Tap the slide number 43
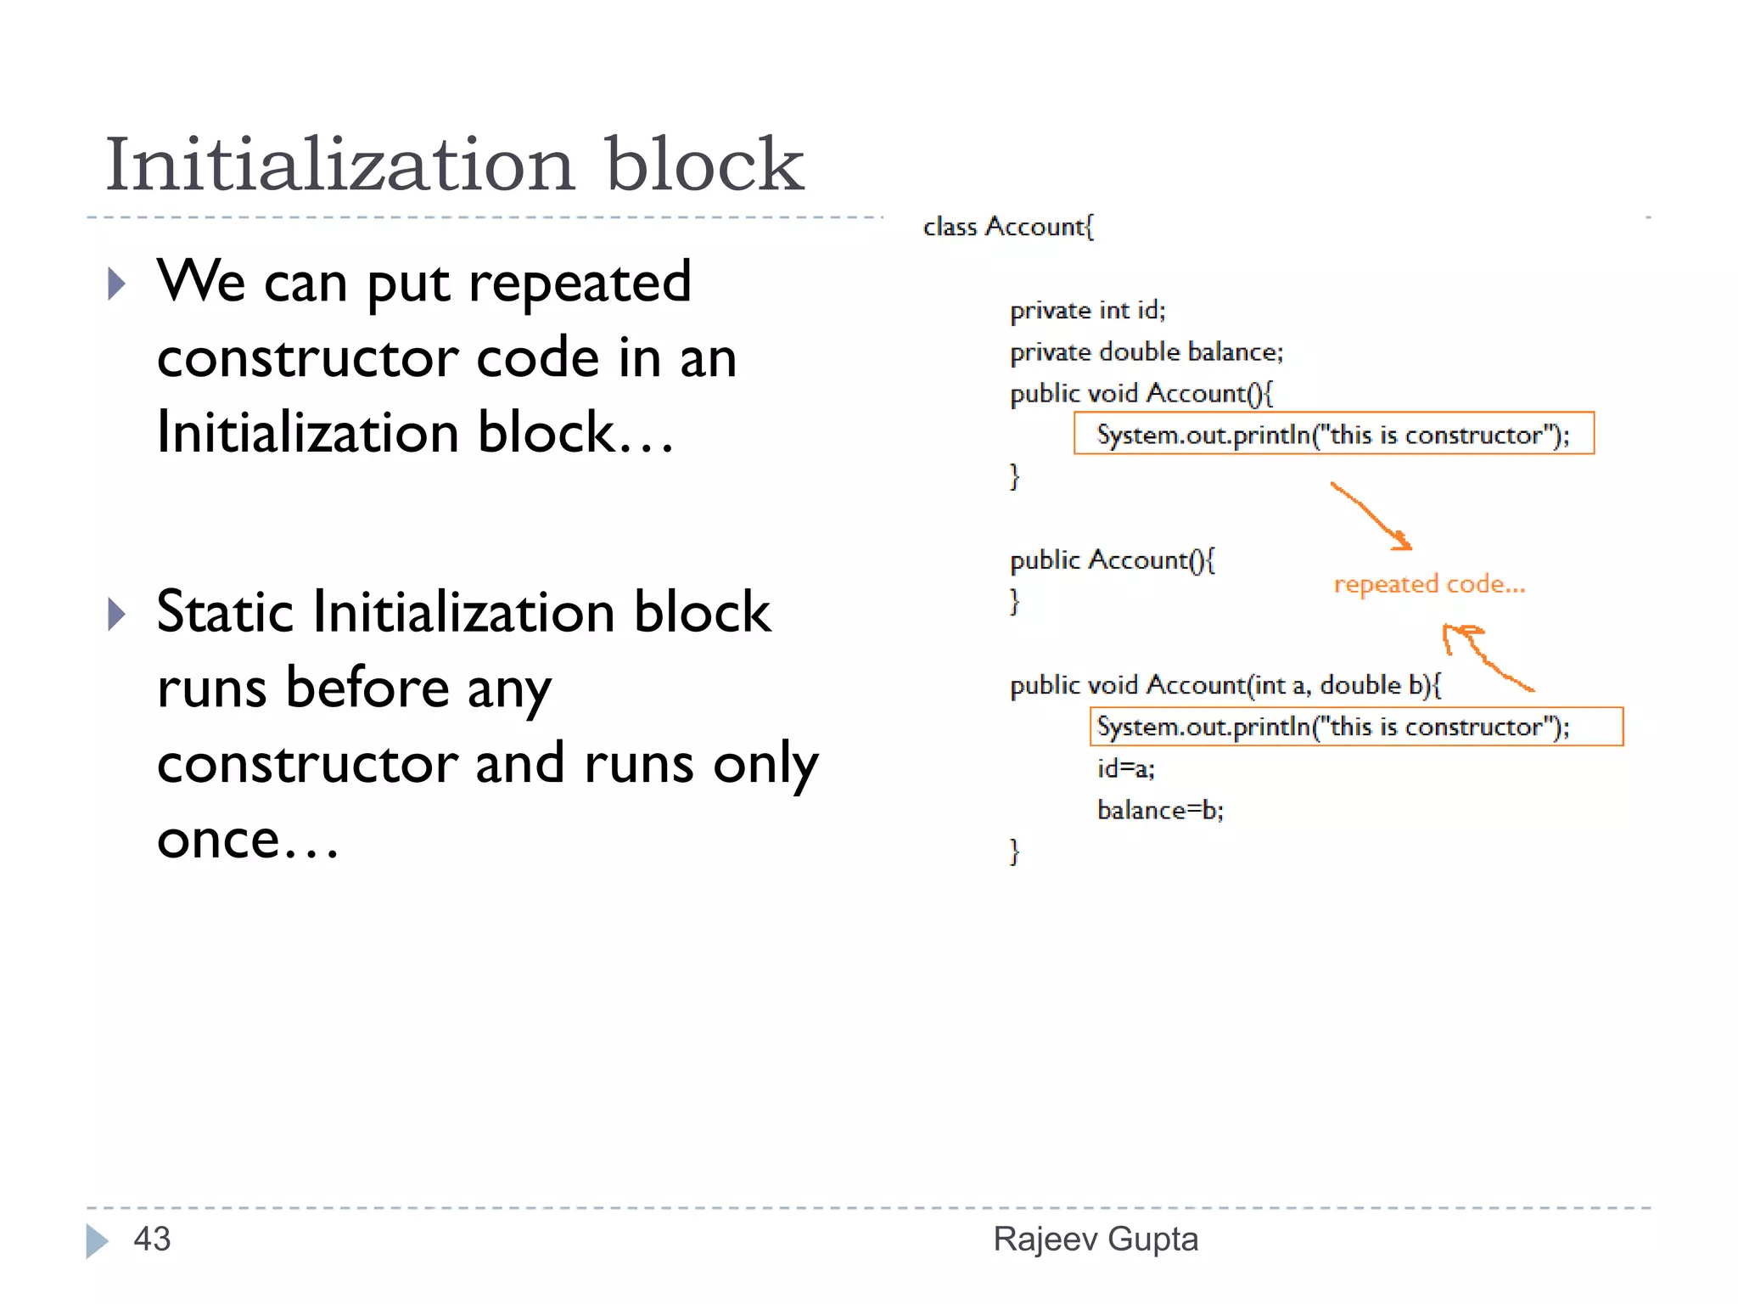[152, 1239]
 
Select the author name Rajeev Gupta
[1096, 1239]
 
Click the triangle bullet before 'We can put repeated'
[117, 284]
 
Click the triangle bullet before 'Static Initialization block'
[117, 613]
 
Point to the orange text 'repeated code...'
[1429, 584]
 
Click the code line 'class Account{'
[1008, 227]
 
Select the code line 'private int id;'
[1088, 310]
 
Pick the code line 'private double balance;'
[1147, 351]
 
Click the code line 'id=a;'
[1125, 768]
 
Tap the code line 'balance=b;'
[1160, 810]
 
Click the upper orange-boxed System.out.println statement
[1333, 435]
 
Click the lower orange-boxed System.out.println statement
[1333, 727]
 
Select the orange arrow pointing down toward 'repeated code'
[1371, 516]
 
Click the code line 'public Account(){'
[1112, 560]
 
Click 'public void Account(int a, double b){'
[1225, 685]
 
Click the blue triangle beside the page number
[97, 1240]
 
